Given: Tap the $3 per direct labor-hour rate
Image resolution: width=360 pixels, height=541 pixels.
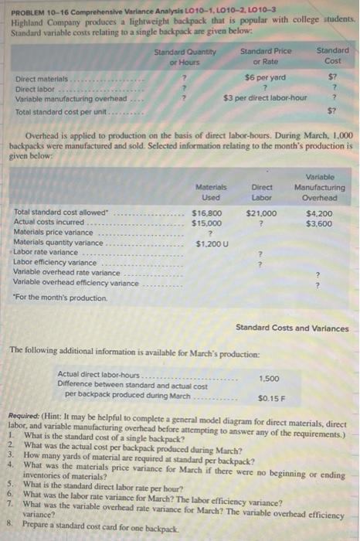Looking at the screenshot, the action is pyautogui.click(x=265, y=97).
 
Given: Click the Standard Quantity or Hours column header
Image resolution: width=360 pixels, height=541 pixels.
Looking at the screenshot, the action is pyautogui.click(x=184, y=56).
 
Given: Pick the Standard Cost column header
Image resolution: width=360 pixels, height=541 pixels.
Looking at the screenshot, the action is pyautogui.click(x=332, y=56).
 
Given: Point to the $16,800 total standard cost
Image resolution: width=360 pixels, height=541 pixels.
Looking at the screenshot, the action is pyautogui.click(x=206, y=212).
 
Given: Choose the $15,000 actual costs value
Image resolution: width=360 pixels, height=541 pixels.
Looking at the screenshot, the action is pyautogui.click(x=206, y=222).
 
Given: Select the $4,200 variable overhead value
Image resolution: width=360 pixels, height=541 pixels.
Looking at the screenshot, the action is pyautogui.click(x=319, y=212).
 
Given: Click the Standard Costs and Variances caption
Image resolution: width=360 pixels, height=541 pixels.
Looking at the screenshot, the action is pyautogui.click(x=292, y=328).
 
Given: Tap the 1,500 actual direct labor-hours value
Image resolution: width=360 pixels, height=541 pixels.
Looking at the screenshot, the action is pyautogui.click(x=269, y=379).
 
